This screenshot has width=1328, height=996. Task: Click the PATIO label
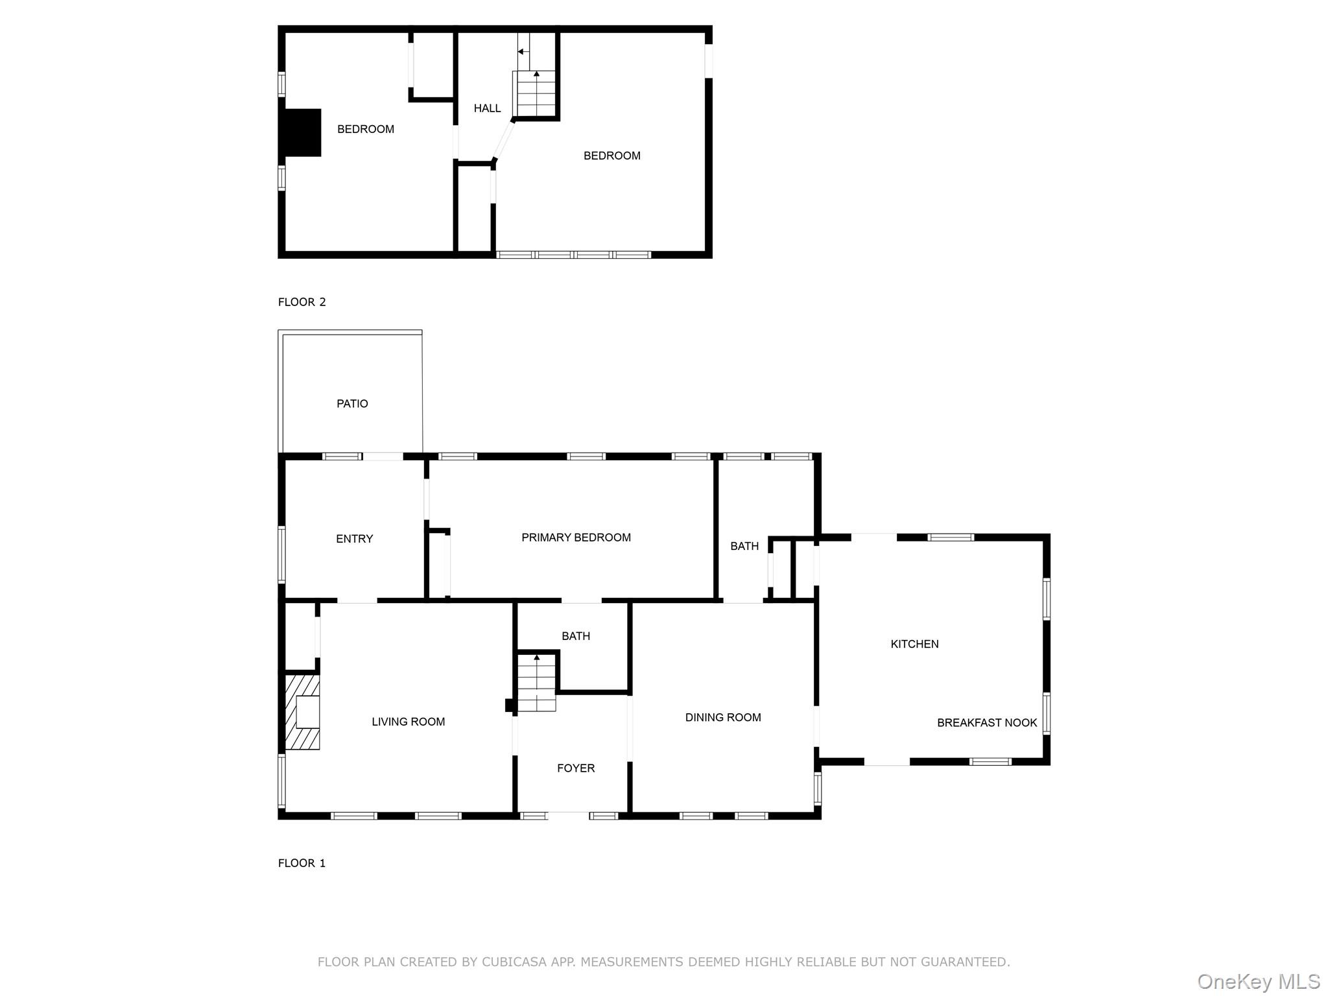352,403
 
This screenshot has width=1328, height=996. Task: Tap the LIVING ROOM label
408,722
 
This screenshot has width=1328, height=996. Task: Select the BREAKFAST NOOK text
986,722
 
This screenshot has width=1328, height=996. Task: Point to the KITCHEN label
914,644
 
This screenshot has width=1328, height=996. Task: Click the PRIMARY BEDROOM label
576,537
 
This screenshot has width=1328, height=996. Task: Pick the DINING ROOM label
722,717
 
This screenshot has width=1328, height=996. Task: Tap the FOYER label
575,768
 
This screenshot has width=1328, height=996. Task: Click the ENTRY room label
354,539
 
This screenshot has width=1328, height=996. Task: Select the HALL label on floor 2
487,108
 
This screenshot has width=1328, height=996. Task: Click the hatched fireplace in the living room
302,712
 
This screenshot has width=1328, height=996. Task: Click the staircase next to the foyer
536,685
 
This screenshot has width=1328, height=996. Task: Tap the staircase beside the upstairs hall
535,94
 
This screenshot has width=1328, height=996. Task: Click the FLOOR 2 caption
302,302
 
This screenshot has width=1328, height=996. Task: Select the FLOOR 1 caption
302,862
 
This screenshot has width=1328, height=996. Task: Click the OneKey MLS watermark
1257,981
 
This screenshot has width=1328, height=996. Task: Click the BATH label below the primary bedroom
575,636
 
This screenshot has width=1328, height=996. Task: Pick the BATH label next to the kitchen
744,546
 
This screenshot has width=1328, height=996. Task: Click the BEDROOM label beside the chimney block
365,129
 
